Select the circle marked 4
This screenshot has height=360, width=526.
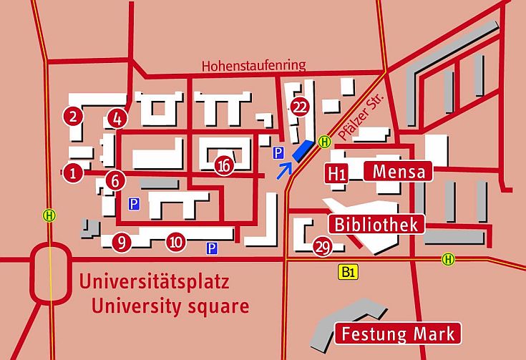117,117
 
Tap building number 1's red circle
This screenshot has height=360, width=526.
72,172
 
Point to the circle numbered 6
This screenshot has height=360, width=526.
115,180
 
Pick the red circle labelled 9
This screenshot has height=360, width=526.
122,243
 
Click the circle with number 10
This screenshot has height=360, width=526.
176,242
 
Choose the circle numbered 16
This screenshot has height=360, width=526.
225,165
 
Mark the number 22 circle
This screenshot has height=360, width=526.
301,107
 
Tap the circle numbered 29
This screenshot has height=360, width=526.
322,247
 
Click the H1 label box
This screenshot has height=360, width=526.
338,172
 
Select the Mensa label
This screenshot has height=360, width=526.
399,172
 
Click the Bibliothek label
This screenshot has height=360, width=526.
377,224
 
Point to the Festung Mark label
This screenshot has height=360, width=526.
398,334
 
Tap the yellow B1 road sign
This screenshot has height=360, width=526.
349,271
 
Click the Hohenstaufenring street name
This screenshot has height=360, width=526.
253,65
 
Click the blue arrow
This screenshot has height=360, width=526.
284,170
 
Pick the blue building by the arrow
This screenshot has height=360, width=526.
304,150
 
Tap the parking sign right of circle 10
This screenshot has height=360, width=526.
212,248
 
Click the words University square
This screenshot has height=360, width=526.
170,306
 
